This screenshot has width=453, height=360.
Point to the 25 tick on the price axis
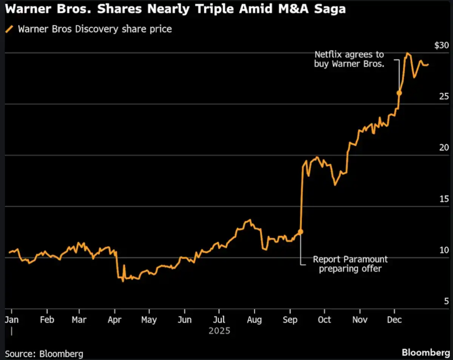pyautogui.click(x=444, y=96)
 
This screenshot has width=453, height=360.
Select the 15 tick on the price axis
pyautogui.click(x=444, y=199)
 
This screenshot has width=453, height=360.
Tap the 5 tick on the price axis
pyautogui.click(x=446, y=301)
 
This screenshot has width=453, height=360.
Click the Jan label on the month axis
pyautogui.click(x=11, y=320)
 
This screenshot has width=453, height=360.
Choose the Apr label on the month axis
pyautogui.click(x=115, y=320)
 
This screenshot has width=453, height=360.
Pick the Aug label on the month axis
pyautogui.click(x=254, y=320)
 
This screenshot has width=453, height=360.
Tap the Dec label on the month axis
pyautogui.click(x=394, y=320)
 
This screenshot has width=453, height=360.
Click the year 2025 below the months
pyautogui.click(x=219, y=331)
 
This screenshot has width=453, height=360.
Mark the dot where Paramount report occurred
pyautogui.click(x=300, y=232)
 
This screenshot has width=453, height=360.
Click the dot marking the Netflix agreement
pyautogui.click(x=399, y=93)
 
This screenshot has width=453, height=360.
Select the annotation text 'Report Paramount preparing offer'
pyautogui.click(x=350, y=264)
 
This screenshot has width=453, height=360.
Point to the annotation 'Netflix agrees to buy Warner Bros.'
pyautogui.click(x=349, y=59)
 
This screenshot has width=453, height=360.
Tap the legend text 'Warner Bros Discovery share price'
pyautogui.click(x=95, y=29)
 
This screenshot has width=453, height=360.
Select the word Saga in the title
pyautogui.click(x=330, y=9)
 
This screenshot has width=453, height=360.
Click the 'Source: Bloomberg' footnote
pyautogui.click(x=44, y=354)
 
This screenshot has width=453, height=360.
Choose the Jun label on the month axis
pyautogui.click(x=184, y=320)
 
